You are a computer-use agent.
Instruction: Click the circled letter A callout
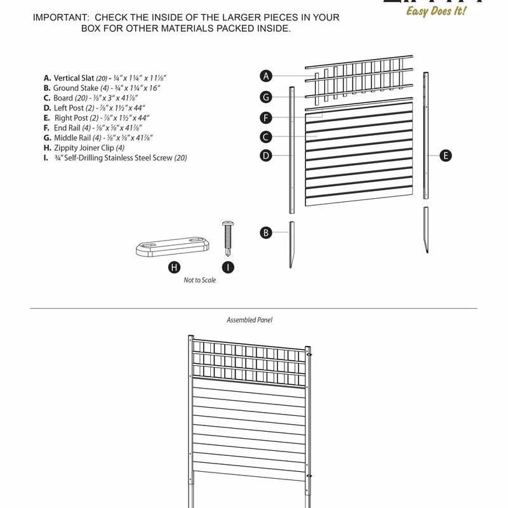pos(267,76)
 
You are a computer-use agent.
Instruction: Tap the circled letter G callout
pos(267,97)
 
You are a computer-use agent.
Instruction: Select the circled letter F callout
pos(267,117)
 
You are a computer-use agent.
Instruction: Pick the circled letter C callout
pos(267,137)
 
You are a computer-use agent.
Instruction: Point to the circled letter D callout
pos(267,156)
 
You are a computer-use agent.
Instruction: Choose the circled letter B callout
pos(267,232)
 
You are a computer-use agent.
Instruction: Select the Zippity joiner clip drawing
pos(173,246)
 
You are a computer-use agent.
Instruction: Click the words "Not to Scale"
pos(200,280)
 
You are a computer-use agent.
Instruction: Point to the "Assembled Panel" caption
pos(250,320)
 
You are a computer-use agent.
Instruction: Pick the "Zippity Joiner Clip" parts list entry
pos(89,148)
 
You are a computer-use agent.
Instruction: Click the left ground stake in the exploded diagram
pos(291,244)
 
